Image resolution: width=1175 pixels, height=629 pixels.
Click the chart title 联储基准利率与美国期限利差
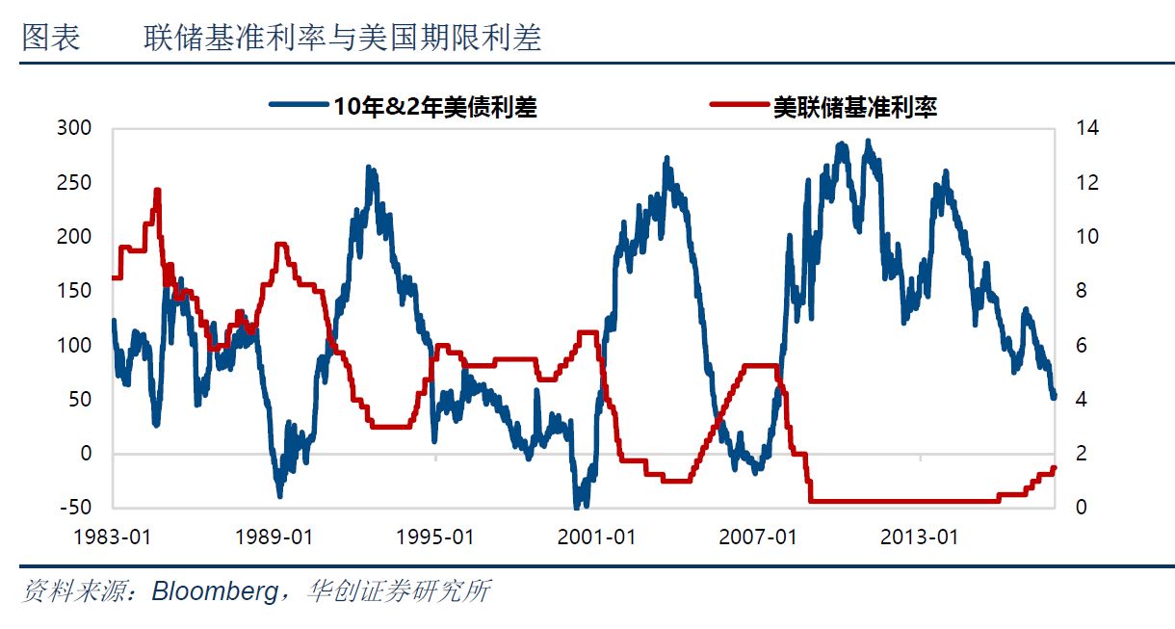tap(343, 39)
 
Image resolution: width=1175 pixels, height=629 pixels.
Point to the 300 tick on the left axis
tap(75, 128)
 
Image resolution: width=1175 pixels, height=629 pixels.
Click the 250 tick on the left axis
tap(75, 182)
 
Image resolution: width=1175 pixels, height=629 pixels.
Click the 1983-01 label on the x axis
tap(113, 537)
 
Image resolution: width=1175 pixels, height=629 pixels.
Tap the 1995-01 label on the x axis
tap(435, 537)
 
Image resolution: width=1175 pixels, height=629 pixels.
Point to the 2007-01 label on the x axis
tap(758, 537)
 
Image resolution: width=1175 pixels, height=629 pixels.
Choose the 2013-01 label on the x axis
tap(920, 537)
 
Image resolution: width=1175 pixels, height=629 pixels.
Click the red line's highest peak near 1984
tap(157, 191)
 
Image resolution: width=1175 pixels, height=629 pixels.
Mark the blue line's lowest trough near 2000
tap(578, 505)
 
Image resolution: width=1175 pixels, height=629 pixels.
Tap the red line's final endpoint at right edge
tap(1054, 468)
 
